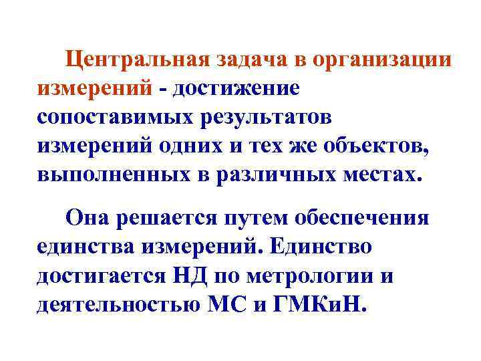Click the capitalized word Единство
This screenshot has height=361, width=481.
tap(323, 247)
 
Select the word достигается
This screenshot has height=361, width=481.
tap(98, 275)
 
